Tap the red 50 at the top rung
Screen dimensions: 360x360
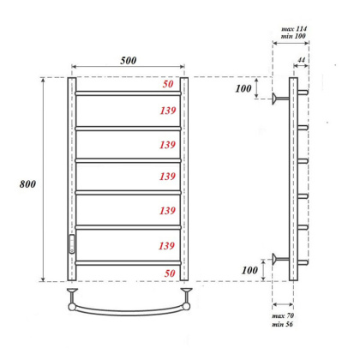(167, 85)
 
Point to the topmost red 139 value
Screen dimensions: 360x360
(167, 111)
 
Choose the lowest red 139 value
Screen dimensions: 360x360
(167, 247)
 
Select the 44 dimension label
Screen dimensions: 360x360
(301, 61)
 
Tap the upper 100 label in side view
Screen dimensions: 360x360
(244, 89)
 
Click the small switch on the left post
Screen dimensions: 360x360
(71, 242)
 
